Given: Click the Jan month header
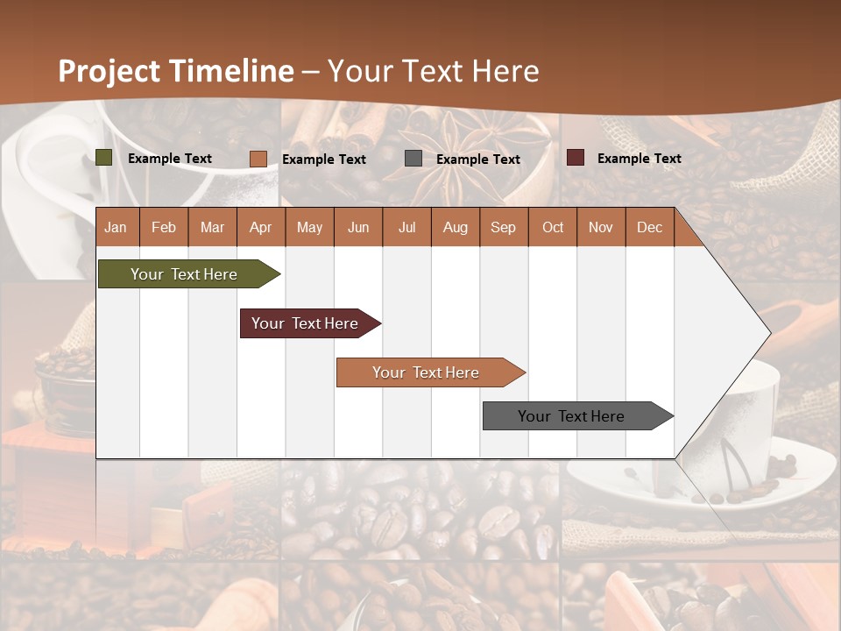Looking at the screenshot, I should click(x=116, y=227).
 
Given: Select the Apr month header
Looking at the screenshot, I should click(x=260, y=227).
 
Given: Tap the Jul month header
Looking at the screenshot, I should click(x=406, y=227).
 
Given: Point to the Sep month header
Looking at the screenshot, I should click(x=503, y=227).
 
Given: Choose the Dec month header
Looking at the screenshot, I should click(x=649, y=227).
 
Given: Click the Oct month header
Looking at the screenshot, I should click(x=553, y=227).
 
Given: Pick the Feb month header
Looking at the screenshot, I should click(x=164, y=227).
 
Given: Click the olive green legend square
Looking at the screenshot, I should click(x=104, y=158).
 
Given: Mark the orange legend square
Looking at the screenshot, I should click(x=258, y=159).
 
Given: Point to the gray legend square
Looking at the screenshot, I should click(x=413, y=159).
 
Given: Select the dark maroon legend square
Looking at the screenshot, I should click(x=576, y=158).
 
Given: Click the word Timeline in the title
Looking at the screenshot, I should click(x=231, y=71).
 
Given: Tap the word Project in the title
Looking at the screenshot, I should click(x=110, y=71).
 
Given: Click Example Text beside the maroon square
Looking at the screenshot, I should click(x=639, y=159).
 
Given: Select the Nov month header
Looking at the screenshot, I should click(x=601, y=227).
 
